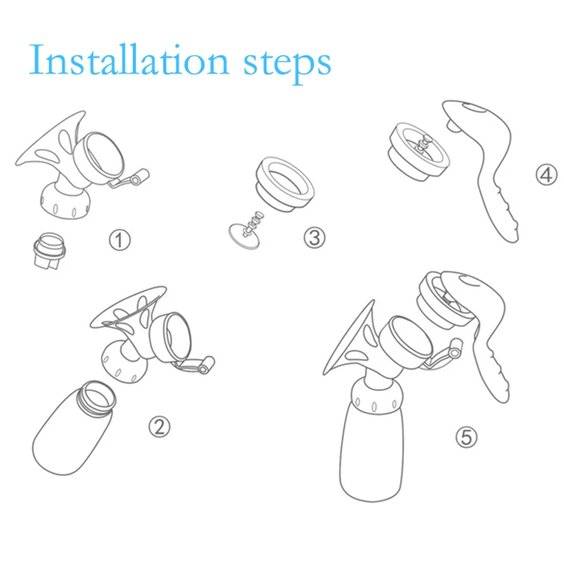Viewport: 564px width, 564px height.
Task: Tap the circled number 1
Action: [119, 241]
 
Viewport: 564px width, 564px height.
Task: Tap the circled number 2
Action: [159, 426]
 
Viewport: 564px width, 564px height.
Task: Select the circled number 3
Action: [314, 236]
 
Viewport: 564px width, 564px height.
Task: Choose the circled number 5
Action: [465, 438]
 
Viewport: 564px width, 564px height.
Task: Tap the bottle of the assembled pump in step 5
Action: [374, 451]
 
